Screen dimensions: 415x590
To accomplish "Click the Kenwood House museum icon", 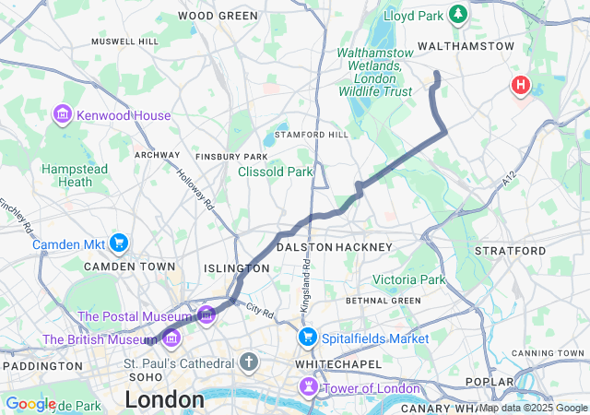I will click(x=63, y=115).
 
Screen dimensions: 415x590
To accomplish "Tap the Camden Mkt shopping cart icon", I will click(x=119, y=243).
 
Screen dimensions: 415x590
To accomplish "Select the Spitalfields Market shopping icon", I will click(x=307, y=338).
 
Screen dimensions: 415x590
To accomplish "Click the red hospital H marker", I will click(x=521, y=86).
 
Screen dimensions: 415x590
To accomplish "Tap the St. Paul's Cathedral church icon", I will click(x=248, y=362).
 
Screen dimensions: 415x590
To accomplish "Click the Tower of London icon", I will click(x=308, y=388).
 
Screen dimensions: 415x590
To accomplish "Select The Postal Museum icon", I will click(x=206, y=316).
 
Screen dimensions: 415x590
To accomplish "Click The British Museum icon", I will click(x=171, y=340).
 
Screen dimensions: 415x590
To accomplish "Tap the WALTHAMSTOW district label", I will click(x=466, y=45).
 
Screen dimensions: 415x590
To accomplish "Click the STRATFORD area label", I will click(x=510, y=251).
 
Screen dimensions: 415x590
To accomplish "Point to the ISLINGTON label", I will click(x=237, y=268).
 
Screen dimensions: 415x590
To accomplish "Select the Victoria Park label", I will click(x=408, y=279).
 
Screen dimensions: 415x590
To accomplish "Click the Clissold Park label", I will click(x=275, y=172).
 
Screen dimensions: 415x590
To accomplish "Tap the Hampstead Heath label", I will click(x=75, y=175).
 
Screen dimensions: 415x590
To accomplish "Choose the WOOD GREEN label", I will click(x=218, y=16).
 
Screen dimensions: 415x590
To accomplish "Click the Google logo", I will click(x=30, y=404).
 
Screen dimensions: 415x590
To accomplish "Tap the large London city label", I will click(x=164, y=399).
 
